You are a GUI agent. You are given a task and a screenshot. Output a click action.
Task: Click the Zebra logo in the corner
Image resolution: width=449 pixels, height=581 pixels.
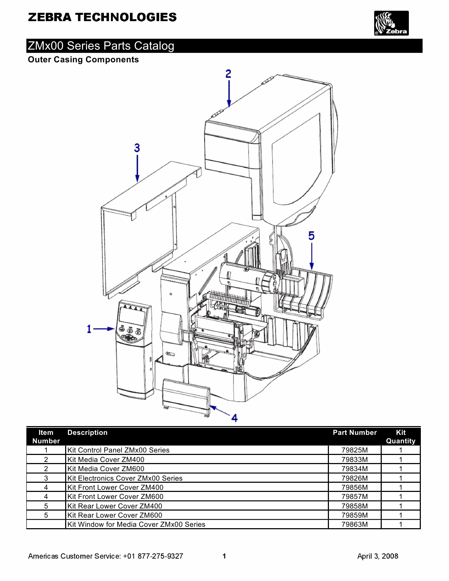click(x=391, y=23)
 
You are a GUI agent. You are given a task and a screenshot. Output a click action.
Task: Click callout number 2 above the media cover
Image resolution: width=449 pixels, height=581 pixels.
click(x=229, y=74)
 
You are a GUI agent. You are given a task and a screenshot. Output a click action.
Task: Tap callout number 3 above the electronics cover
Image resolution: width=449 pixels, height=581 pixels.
click(x=137, y=148)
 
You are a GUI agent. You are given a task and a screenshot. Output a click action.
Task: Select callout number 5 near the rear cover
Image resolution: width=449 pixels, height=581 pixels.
click(x=311, y=236)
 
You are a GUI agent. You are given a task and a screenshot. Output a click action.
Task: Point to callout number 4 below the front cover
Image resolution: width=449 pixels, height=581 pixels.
click(x=235, y=418)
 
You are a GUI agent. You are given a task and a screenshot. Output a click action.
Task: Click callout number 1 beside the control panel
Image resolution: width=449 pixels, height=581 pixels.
click(x=89, y=329)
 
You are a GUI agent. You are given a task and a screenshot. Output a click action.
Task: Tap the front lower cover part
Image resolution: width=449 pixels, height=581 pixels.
click(x=186, y=396)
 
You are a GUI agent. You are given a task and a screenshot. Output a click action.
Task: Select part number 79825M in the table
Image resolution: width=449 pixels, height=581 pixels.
click(x=355, y=450)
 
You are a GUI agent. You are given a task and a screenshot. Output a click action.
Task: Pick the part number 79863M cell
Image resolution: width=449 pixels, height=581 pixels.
click(x=355, y=524)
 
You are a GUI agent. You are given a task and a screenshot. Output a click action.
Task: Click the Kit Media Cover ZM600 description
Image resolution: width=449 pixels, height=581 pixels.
click(x=106, y=469)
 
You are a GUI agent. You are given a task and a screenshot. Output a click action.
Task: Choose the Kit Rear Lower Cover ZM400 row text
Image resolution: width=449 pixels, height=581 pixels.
click(x=115, y=506)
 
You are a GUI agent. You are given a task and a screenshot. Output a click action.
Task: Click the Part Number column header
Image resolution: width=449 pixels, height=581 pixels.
click(x=355, y=433)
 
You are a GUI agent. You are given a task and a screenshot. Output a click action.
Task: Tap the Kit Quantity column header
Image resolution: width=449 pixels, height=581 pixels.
click(x=400, y=437)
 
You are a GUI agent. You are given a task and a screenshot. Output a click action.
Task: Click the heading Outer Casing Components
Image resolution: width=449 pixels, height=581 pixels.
click(x=83, y=60)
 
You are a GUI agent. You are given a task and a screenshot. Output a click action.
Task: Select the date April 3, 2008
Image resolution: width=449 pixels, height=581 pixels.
click(x=378, y=556)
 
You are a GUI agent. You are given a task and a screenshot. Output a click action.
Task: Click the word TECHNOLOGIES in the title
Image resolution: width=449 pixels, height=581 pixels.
click(x=126, y=17)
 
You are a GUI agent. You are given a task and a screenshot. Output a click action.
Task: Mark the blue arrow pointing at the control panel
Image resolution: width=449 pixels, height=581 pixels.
click(x=104, y=329)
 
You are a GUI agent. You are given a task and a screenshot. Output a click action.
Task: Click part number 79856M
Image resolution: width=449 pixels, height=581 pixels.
click(x=355, y=487)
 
